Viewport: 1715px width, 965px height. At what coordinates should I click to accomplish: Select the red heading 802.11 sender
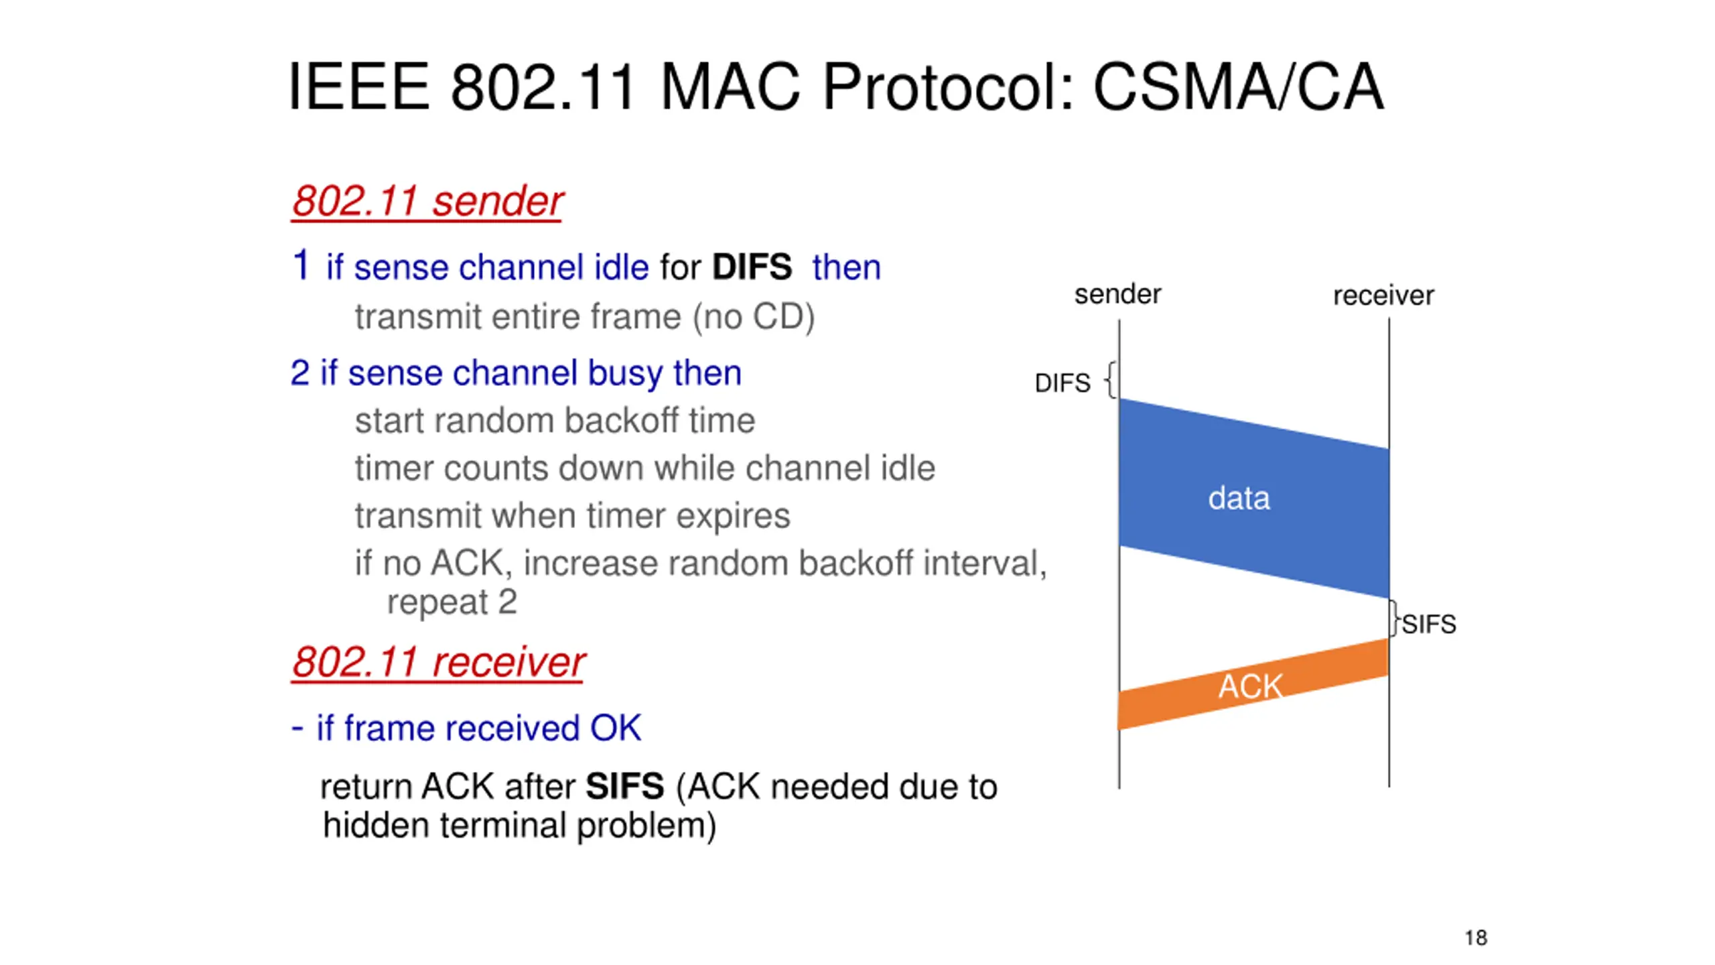point(427,201)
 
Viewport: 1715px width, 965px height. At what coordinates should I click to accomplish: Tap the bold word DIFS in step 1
point(752,267)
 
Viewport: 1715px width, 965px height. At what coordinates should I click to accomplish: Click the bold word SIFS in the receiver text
point(624,787)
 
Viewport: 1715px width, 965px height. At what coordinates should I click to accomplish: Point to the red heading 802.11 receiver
point(438,663)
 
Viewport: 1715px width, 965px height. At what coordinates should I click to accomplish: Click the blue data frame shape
point(1253,499)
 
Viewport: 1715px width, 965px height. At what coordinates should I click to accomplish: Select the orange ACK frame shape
point(1251,685)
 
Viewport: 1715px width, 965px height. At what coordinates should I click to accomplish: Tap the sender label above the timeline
point(1117,294)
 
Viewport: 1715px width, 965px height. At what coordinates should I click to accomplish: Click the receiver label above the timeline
point(1383,296)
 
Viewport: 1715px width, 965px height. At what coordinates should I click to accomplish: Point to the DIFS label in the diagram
point(1062,383)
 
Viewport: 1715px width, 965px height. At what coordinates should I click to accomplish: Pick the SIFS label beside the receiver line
point(1429,625)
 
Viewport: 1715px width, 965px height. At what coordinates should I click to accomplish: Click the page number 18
point(1476,938)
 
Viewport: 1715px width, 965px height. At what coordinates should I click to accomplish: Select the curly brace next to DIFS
point(1111,380)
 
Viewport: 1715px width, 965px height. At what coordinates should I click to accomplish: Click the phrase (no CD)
point(754,317)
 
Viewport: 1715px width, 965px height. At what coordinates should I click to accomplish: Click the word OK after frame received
point(615,728)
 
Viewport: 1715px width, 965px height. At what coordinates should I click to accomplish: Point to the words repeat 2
point(452,602)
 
